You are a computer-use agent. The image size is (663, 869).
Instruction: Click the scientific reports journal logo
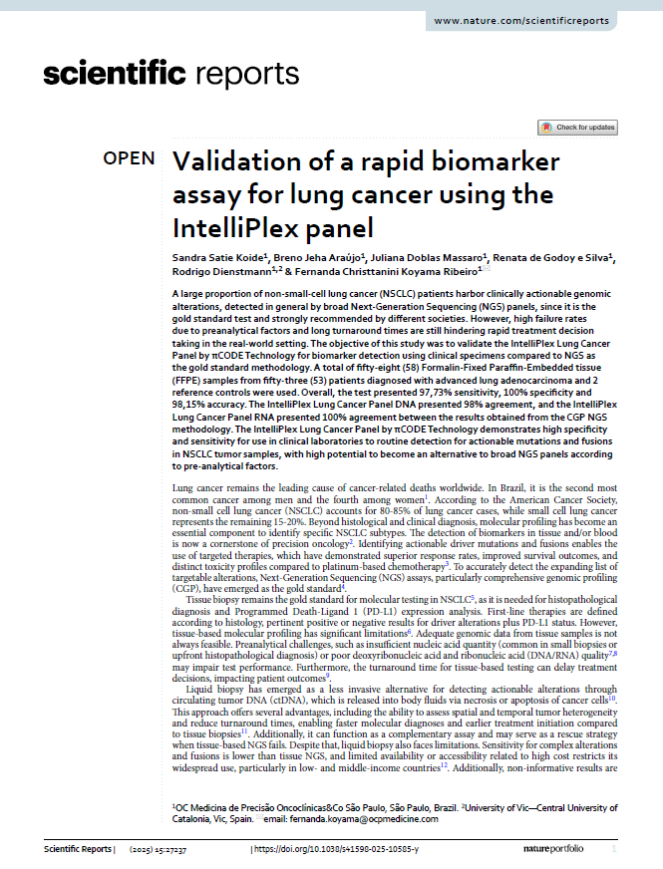[x=170, y=74]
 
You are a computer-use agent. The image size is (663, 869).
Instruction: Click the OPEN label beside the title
[x=130, y=159]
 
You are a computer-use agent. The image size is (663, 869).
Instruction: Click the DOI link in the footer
[x=337, y=848]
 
